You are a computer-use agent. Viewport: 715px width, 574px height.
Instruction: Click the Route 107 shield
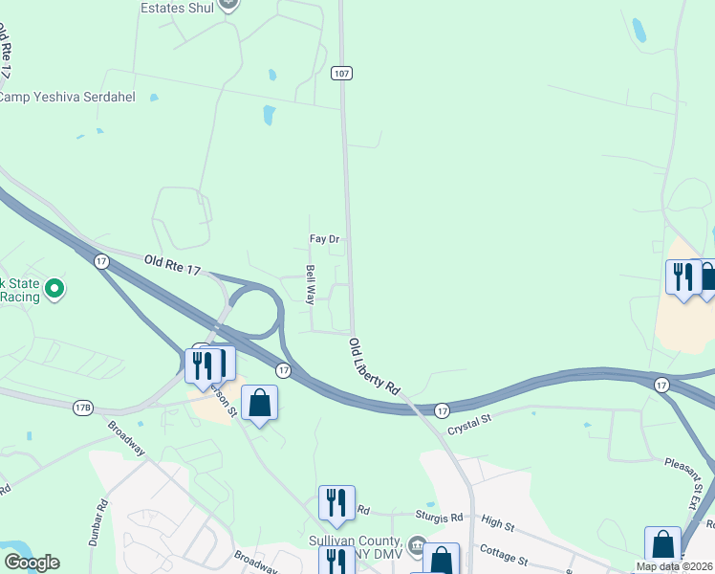click(x=342, y=73)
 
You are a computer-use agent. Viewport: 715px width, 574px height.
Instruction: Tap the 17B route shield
click(x=82, y=408)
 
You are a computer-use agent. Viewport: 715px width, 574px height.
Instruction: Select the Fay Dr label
click(x=325, y=239)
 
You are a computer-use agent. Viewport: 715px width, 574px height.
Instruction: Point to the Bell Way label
click(x=311, y=285)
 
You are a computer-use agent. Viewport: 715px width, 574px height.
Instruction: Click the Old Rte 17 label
click(x=173, y=265)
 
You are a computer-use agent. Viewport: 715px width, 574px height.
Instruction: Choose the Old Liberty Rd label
click(x=374, y=367)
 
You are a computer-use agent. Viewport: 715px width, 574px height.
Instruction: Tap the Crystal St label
click(x=470, y=419)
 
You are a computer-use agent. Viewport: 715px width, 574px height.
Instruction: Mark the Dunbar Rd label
click(x=99, y=517)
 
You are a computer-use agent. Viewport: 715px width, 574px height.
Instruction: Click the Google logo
click(x=32, y=563)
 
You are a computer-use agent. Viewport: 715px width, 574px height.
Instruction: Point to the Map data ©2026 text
click(x=675, y=566)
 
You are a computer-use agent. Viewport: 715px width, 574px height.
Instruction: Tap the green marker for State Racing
click(x=55, y=287)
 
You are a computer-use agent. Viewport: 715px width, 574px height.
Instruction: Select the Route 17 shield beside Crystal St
click(x=442, y=409)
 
